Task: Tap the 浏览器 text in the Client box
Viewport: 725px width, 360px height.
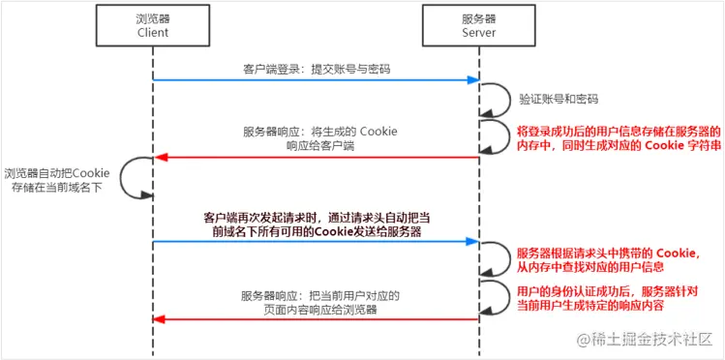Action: point(152,16)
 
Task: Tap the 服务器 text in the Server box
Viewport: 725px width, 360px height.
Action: point(480,16)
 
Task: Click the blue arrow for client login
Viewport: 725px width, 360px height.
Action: point(316,81)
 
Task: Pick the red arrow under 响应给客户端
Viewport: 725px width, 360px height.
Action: point(316,157)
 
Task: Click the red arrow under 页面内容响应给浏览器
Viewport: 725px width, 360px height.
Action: point(316,319)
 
